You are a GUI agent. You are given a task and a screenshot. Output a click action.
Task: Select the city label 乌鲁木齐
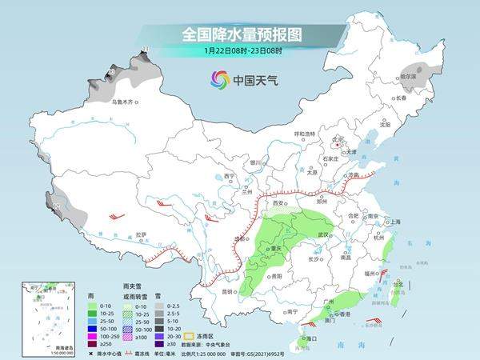(x=125, y=102)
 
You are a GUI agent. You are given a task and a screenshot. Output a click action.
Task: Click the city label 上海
(x=394, y=222)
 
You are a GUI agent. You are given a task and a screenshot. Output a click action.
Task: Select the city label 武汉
(x=323, y=234)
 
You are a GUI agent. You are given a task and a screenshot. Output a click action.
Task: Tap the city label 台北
(x=398, y=283)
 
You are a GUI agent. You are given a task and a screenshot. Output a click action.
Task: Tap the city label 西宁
(x=230, y=176)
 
